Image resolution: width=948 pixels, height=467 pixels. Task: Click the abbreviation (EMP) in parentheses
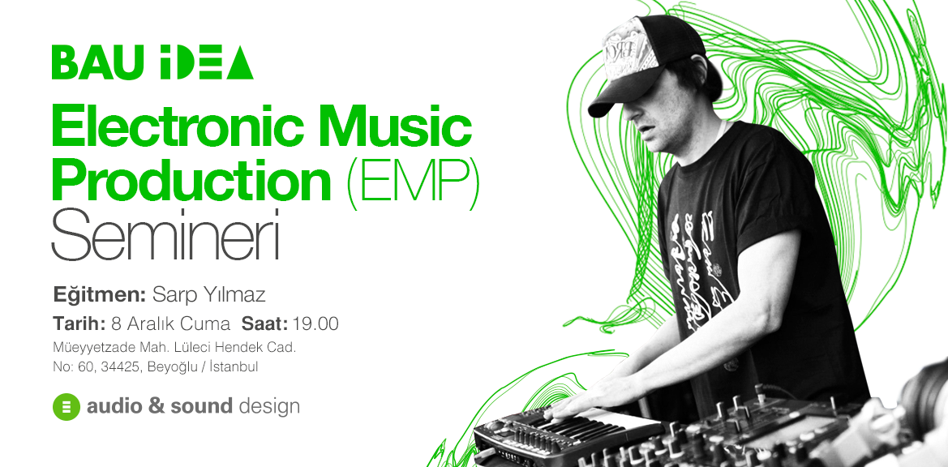(414, 179)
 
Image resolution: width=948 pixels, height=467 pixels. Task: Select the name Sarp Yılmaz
(209, 295)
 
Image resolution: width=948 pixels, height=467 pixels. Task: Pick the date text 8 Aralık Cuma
(171, 323)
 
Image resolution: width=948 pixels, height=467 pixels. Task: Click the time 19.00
(315, 323)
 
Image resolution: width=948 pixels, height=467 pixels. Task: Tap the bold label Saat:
(265, 323)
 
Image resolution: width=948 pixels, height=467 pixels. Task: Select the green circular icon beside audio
(66, 406)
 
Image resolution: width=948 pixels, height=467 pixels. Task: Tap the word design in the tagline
(269, 406)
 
